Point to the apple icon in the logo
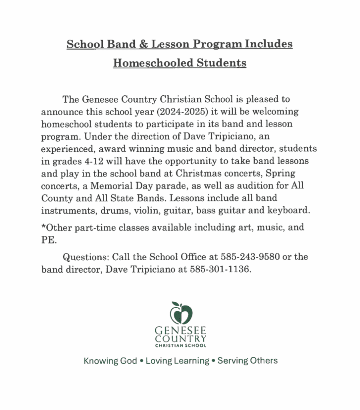[x=181, y=314]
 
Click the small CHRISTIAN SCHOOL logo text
[x=181, y=345]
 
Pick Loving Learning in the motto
[x=177, y=361]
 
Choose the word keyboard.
[x=290, y=209]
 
